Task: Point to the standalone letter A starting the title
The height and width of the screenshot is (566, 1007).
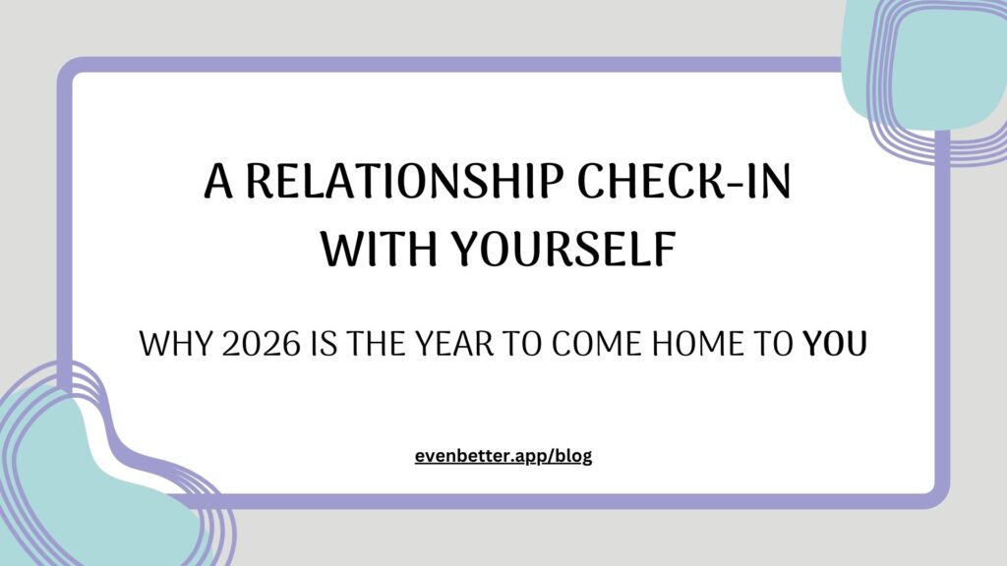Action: coord(218,181)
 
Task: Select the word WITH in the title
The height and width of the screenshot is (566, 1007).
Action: coord(379,249)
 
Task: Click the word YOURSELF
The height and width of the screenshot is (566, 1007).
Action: coord(563,249)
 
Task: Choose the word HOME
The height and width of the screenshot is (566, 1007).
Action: coord(698,344)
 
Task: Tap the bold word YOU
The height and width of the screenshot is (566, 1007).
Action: coord(835,344)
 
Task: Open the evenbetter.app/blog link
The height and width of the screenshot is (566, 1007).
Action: coord(503,456)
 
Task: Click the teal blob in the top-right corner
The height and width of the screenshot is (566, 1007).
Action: coord(924,61)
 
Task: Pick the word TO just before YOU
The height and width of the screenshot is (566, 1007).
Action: coord(774,344)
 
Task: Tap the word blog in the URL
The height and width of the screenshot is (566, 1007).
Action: coord(573,456)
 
